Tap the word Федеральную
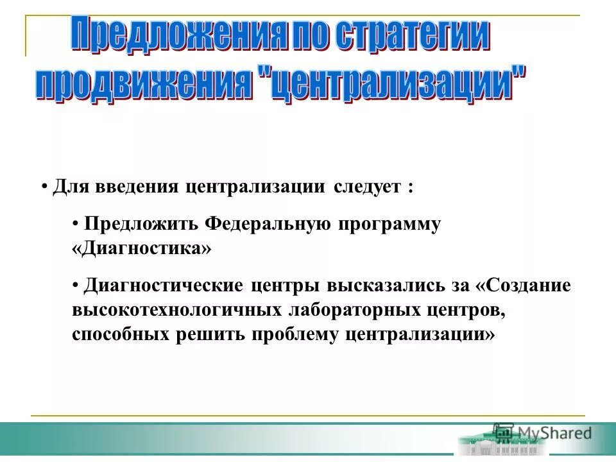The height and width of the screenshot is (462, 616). (x=268, y=225)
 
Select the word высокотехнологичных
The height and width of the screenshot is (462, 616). (x=178, y=309)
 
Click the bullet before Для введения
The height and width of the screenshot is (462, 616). (x=45, y=187)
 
